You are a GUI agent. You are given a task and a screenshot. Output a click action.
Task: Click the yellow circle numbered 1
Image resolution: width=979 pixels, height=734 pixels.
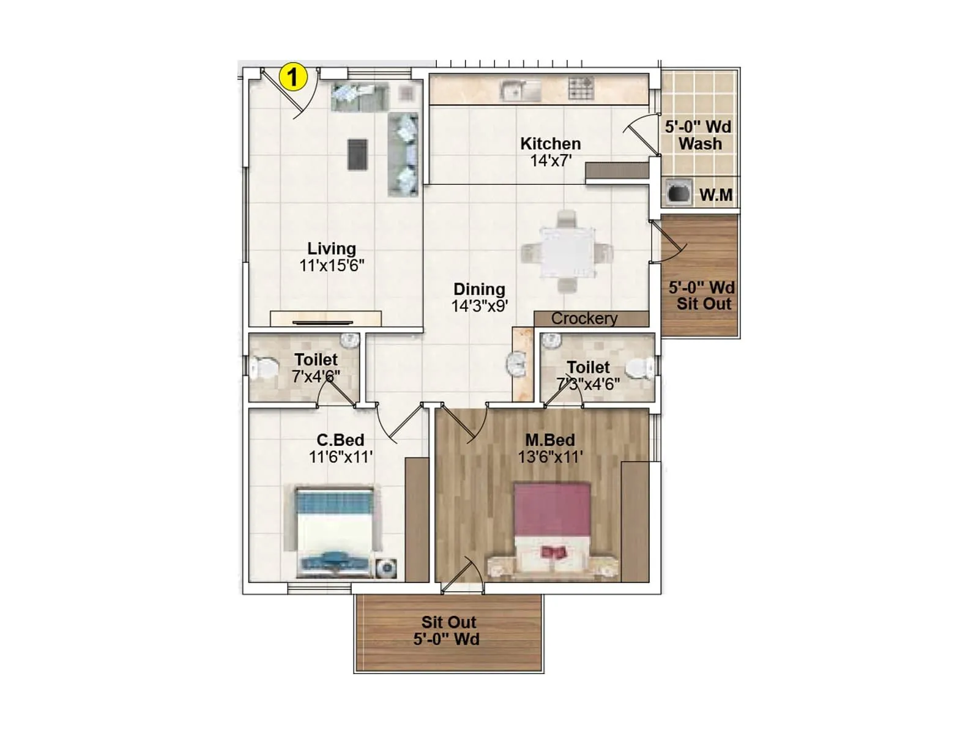click(x=293, y=77)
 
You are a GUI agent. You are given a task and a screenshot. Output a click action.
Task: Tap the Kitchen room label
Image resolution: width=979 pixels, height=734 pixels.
click(x=550, y=144)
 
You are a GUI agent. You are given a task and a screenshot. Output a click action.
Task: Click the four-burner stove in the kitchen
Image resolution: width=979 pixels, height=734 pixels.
click(x=581, y=89)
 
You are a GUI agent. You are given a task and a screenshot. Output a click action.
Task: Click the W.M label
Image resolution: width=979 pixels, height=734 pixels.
click(x=715, y=195)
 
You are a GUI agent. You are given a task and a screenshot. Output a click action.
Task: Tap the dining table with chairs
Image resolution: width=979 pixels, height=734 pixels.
click(x=567, y=252)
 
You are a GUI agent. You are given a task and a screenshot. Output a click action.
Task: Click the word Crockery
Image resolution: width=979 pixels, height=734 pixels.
click(x=584, y=319)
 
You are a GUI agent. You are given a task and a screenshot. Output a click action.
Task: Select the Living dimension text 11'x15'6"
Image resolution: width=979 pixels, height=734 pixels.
click(x=332, y=265)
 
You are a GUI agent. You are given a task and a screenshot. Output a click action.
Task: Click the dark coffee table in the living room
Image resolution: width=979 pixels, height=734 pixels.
click(x=357, y=154)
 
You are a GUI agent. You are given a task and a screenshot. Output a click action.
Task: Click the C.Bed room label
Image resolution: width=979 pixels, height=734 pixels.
click(x=340, y=440)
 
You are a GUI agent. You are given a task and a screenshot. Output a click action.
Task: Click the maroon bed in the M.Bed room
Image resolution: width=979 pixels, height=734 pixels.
click(x=552, y=526)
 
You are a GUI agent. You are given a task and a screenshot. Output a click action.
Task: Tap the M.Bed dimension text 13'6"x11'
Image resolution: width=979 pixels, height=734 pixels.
click(x=550, y=457)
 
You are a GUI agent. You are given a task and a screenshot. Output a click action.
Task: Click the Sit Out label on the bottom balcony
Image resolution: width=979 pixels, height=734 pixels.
click(x=449, y=622)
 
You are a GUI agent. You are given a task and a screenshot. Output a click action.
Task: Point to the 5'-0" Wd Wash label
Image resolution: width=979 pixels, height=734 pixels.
click(x=699, y=135)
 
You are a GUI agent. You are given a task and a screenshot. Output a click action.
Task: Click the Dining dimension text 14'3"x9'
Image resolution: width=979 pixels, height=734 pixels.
click(x=479, y=306)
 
